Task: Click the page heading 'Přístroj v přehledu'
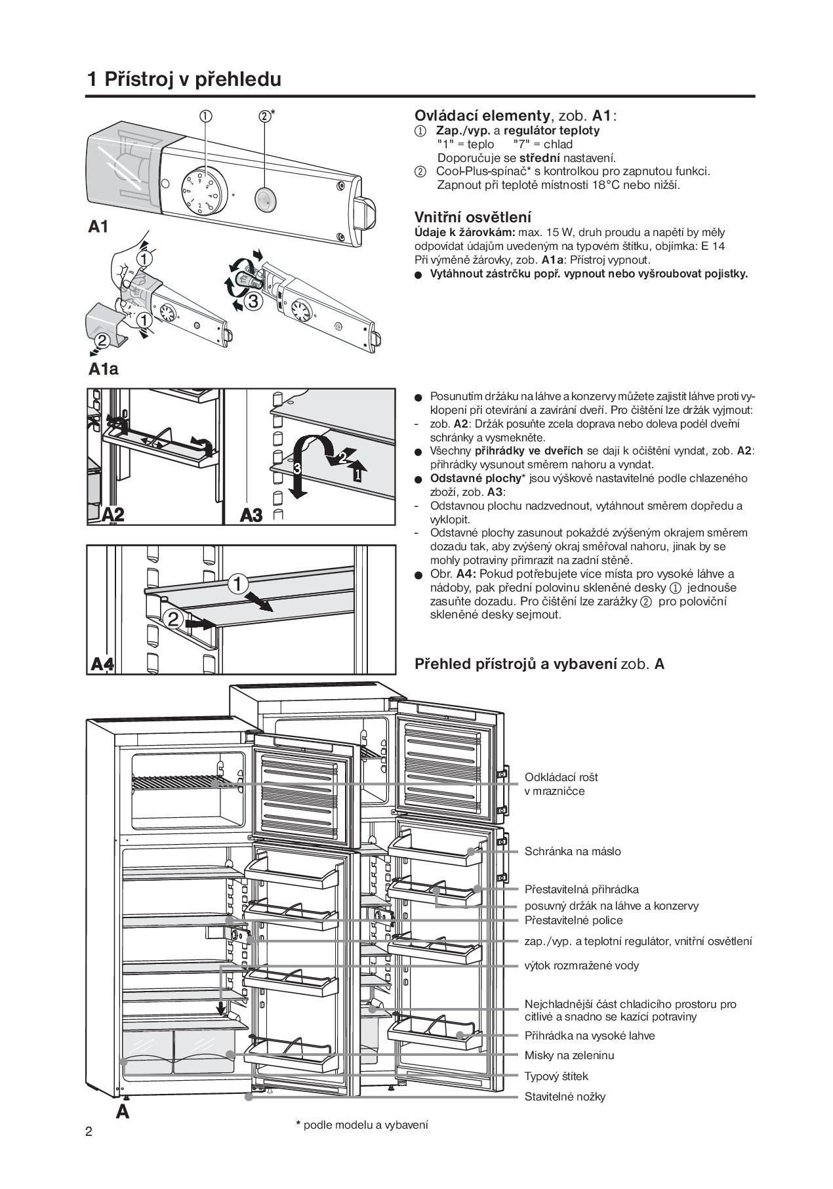point(192,79)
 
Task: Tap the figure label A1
point(98,227)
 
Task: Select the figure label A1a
point(104,369)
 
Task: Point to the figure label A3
point(251,515)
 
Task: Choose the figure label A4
point(102,664)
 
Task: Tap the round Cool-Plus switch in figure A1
point(264,197)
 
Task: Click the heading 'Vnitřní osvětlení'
point(473,217)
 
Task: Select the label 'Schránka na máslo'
point(573,851)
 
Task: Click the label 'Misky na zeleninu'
point(569,1055)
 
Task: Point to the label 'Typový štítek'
point(556,1076)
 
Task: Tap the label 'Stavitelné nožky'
point(565,1097)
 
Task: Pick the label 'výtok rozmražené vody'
point(582,965)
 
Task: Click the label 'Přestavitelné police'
point(574,920)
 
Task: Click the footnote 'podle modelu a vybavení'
point(365,1125)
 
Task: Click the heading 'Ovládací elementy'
point(482,116)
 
